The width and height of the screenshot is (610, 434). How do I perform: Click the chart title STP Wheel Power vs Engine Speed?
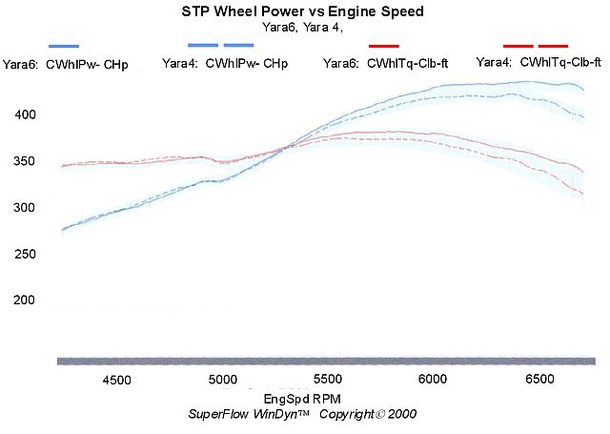click(x=302, y=12)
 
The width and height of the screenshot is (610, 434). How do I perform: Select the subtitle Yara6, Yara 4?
click(x=302, y=28)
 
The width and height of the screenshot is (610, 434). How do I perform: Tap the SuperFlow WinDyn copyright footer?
click(x=302, y=414)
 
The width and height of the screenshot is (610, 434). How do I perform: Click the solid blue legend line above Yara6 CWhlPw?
click(x=64, y=46)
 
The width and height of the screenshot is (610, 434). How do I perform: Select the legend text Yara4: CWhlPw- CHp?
click(x=225, y=64)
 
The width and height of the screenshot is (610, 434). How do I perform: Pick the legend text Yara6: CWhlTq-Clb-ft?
click(x=387, y=64)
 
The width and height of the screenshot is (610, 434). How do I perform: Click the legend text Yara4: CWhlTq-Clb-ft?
click(x=539, y=61)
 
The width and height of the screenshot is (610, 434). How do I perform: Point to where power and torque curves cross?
click(x=286, y=148)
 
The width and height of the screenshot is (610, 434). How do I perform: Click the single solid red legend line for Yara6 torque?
click(x=384, y=46)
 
